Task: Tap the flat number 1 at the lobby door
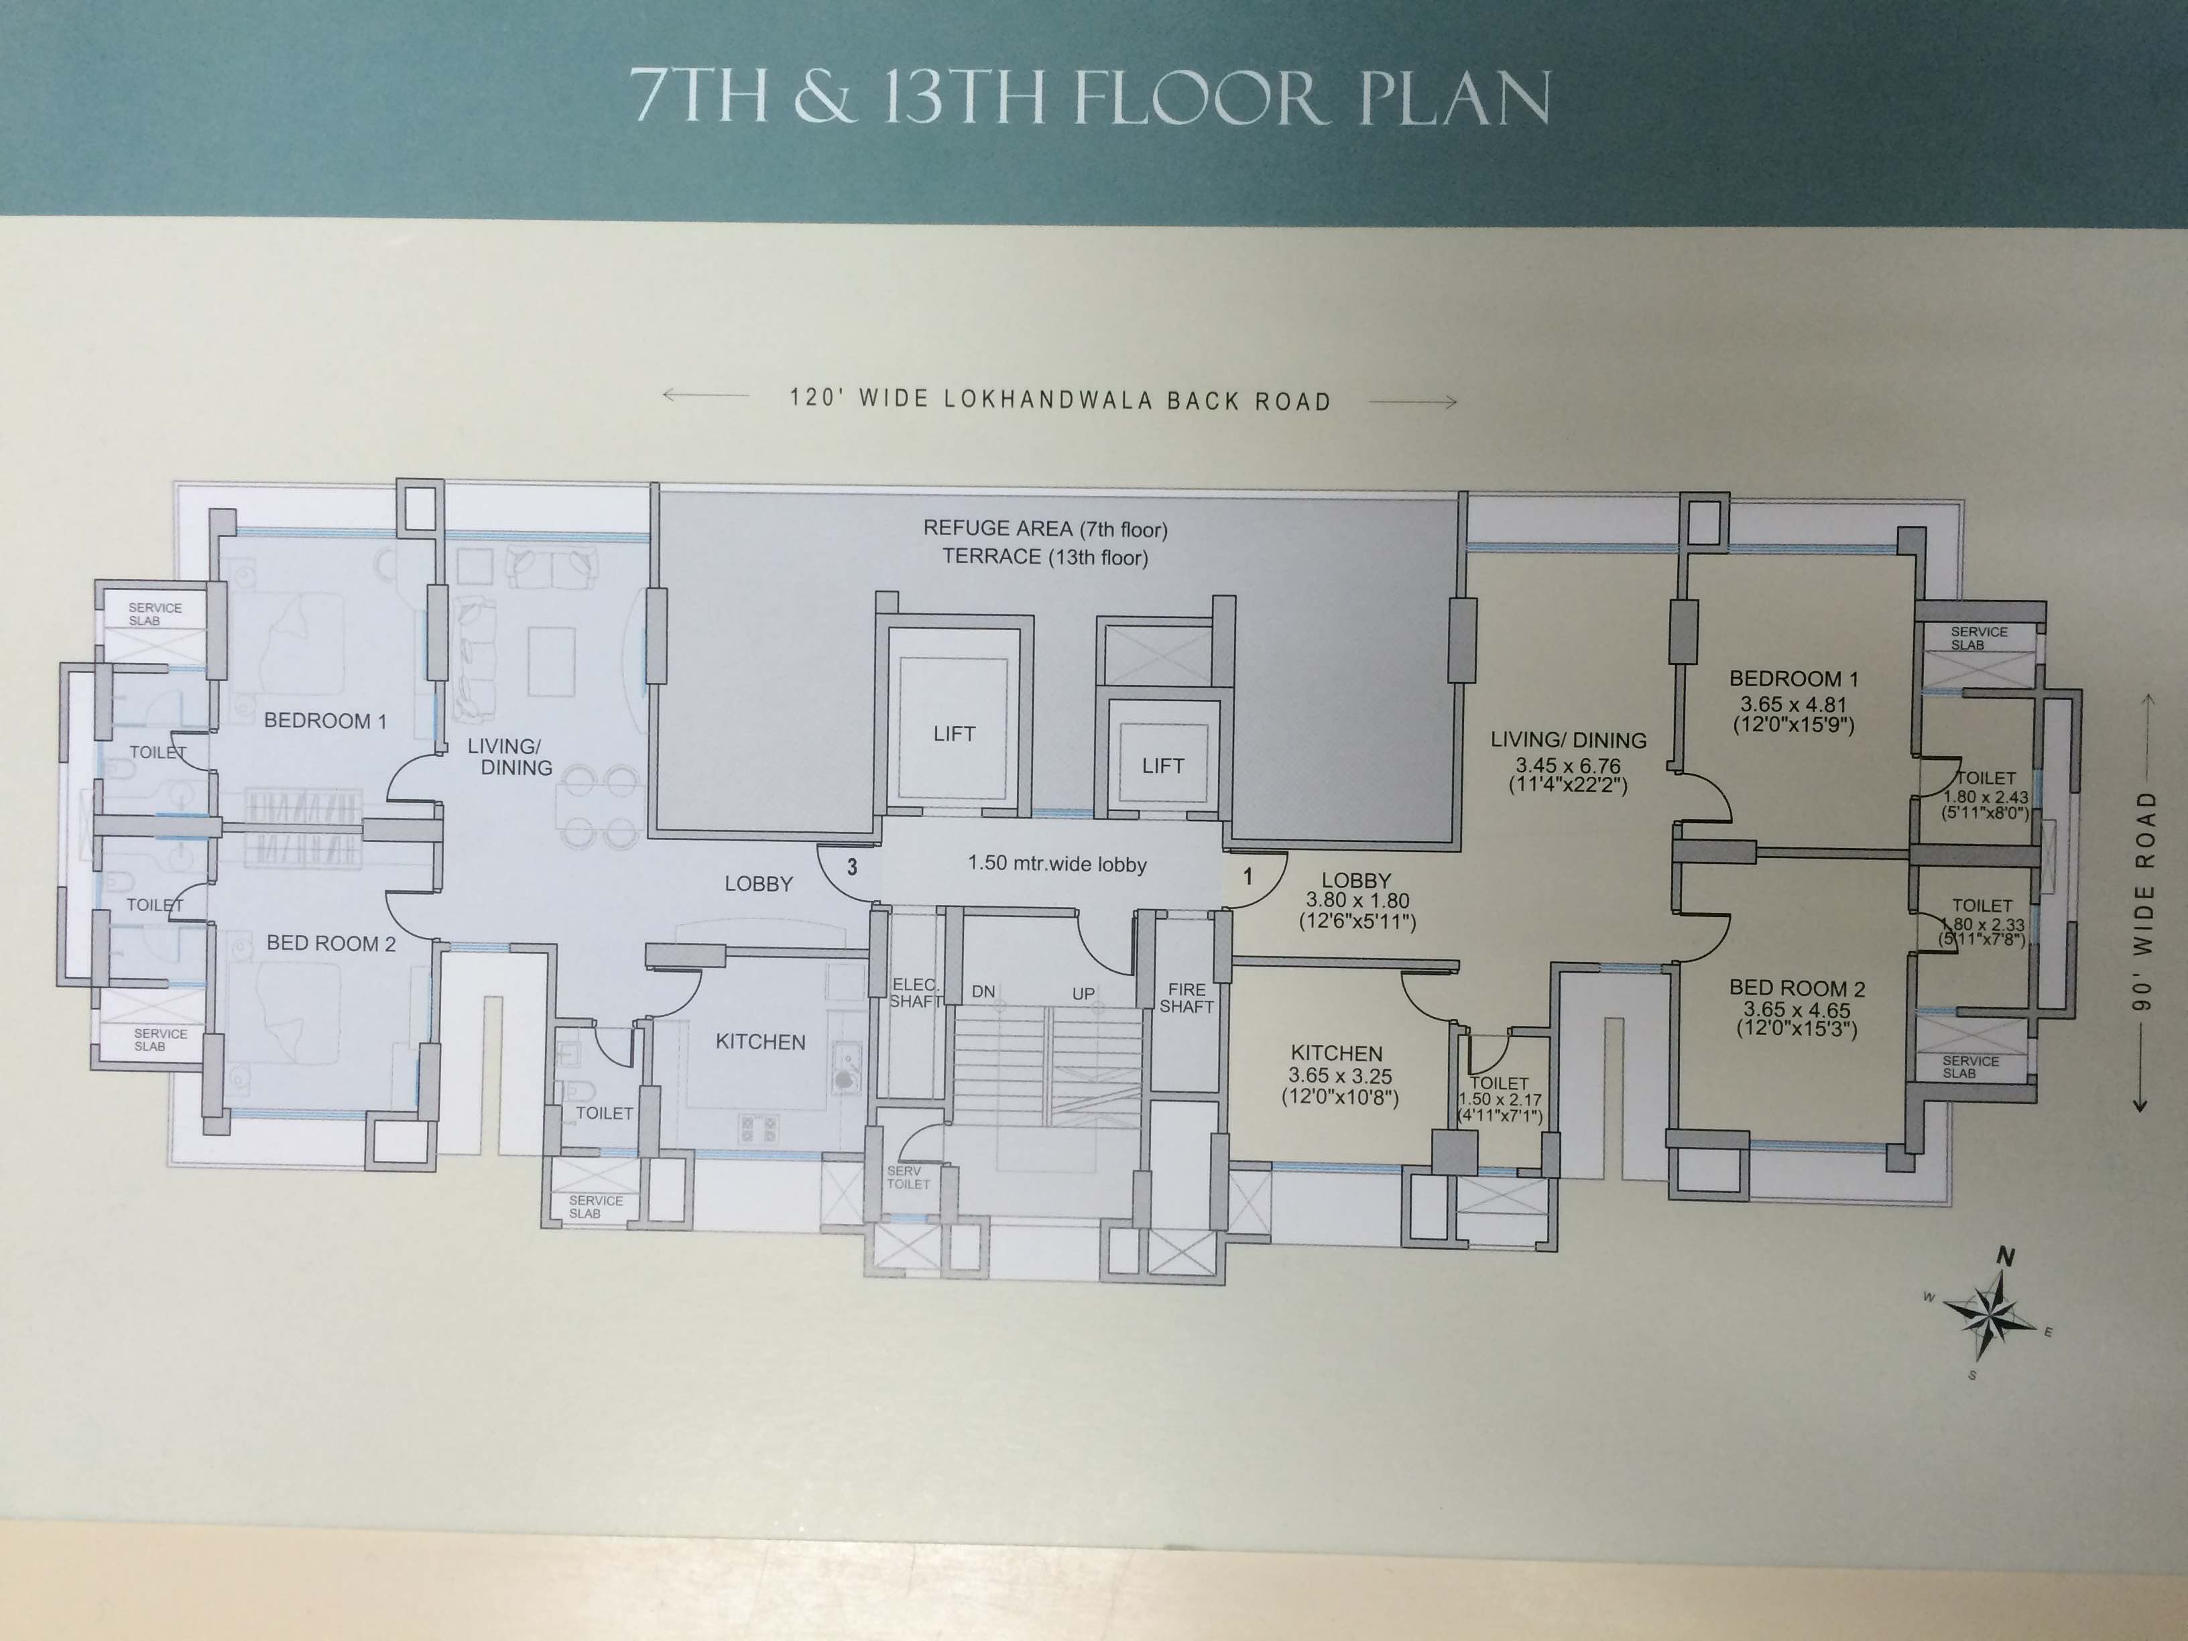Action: pos(1248,876)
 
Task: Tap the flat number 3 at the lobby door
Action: pos(851,867)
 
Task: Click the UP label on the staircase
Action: pos(1083,993)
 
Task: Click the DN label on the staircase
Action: pos(983,991)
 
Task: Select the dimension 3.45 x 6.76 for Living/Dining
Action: pos(1568,766)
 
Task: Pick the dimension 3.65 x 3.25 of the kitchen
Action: pos(1339,1075)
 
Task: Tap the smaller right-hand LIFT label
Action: pos(1162,766)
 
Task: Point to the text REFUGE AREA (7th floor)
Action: pos(1044,529)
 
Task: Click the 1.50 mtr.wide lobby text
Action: pos(1056,863)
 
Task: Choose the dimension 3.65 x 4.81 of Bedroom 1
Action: pos(1793,705)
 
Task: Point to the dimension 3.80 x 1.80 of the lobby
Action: pos(1357,900)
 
